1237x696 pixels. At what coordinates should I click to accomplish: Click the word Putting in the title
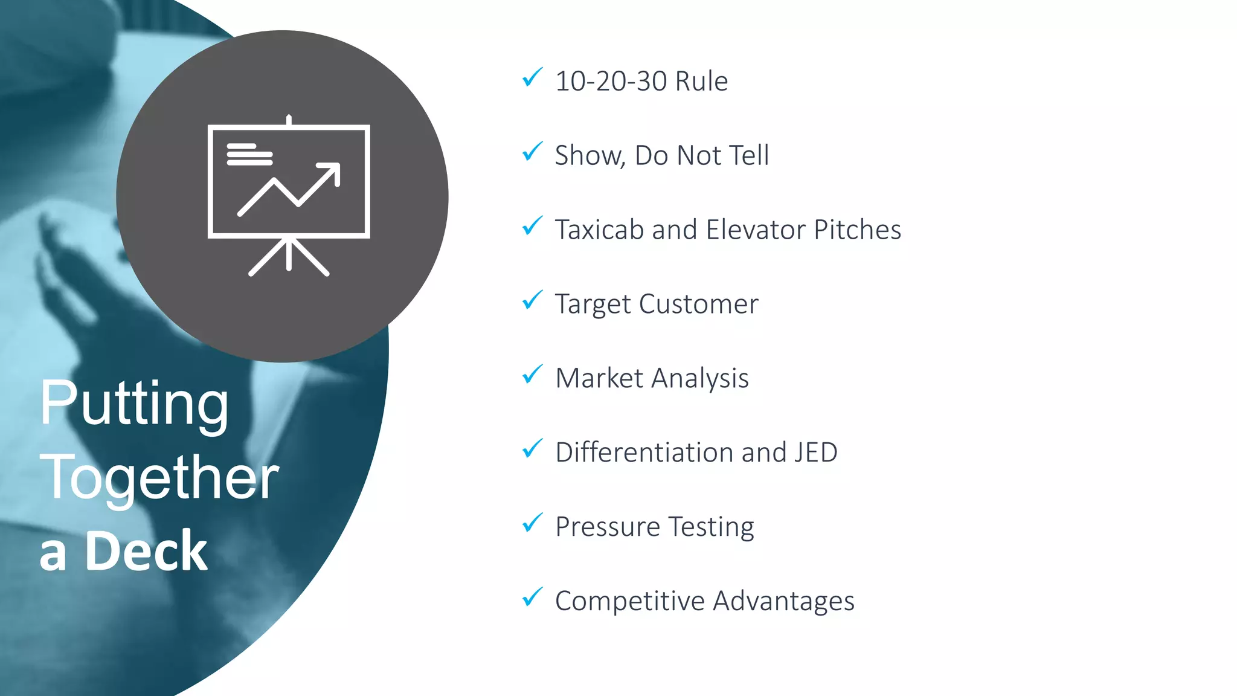134,404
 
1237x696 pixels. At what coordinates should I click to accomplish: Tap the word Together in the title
159,477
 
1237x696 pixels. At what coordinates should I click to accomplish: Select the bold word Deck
146,550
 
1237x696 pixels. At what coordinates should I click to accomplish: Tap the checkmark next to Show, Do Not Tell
532,152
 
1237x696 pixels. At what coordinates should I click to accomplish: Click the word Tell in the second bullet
748,155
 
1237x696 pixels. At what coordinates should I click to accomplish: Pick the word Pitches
857,230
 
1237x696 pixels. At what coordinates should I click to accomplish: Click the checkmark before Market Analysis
532,375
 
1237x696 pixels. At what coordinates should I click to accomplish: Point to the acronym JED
815,453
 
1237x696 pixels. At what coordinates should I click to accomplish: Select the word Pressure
607,527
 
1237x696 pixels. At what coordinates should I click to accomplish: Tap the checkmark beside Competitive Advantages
532,598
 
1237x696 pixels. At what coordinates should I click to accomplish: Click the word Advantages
783,601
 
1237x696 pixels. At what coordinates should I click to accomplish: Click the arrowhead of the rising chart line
332,172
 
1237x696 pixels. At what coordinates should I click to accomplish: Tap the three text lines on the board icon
249,155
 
